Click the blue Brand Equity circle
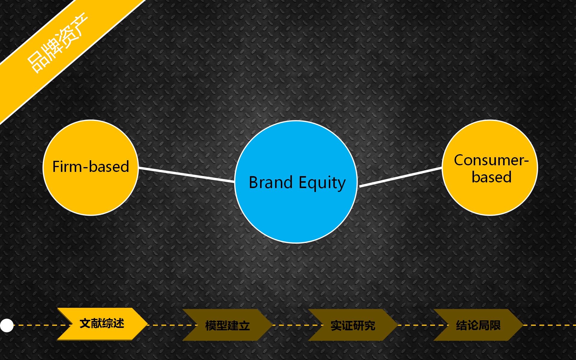[x=296, y=182]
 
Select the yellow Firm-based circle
[x=91, y=167]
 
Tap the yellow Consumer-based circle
[x=490, y=167]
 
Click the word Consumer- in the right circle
[x=491, y=160]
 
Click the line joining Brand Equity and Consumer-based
[x=400, y=177]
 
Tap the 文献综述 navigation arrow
[x=102, y=324]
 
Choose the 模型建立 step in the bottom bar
[x=227, y=325]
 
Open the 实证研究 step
[x=353, y=325]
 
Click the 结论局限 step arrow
[x=478, y=325]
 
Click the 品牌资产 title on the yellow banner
[x=57, y=42]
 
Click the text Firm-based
[x=91, y=166]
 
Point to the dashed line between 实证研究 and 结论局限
[x=423, y=325]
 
